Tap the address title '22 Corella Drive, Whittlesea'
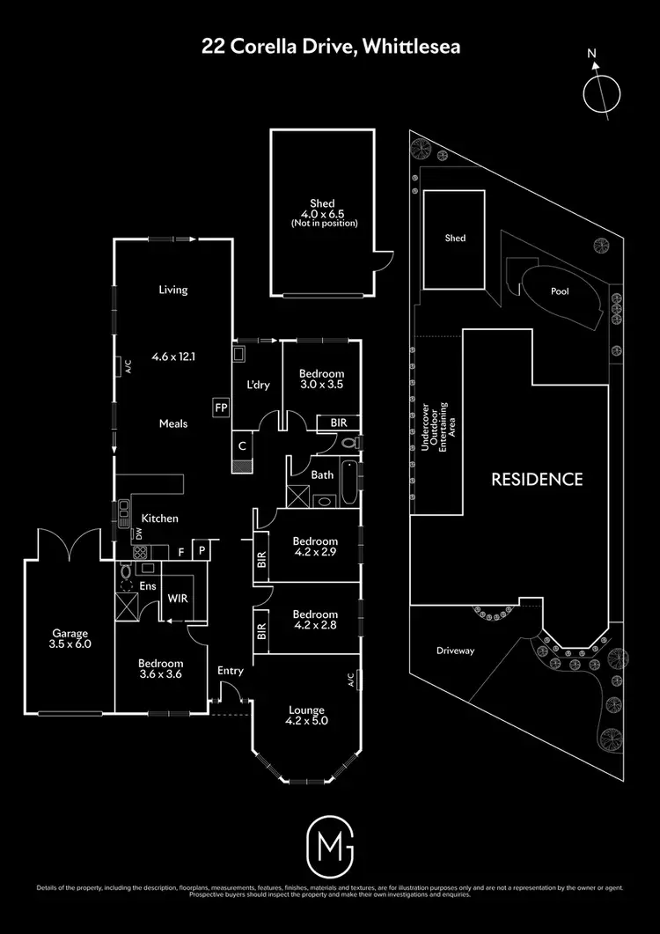329,46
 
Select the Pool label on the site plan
560,290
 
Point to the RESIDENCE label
537,480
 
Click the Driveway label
455,651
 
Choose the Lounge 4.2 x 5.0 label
306,716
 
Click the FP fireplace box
219,408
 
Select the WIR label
179,598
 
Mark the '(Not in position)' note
326,223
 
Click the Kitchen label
160,518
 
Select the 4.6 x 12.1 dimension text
173,357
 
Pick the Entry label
231,671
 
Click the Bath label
321,474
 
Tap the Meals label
173,423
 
